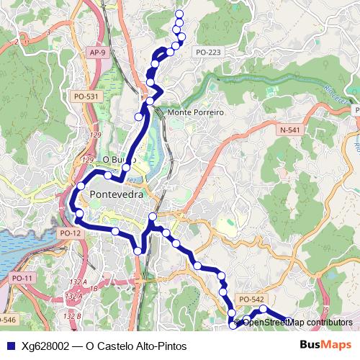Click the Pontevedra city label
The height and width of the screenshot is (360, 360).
tap(117, 194)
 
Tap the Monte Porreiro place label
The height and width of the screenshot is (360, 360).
tap(196, 113)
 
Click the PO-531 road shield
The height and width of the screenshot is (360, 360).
tap(86, 96)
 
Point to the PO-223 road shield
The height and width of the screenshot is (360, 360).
tap(207, 53)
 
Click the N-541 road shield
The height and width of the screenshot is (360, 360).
tap(290, 130)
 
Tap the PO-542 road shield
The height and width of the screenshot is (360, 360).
tap(251, 299)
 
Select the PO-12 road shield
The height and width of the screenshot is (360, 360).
tap(71, 233)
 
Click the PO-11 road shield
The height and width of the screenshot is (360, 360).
tap(23, 278)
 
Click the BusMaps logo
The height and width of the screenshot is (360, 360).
tap(325, 345)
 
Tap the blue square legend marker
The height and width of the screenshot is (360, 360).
tap(10, 346)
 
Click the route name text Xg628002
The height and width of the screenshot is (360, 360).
tap(46, 346)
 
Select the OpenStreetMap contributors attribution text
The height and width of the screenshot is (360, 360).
tap(297, 322)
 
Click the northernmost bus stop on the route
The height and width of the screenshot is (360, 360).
tap(179, 14)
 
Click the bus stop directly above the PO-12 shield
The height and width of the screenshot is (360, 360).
tap(79, 214)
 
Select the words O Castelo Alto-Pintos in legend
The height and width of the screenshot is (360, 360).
tap(136, 346)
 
